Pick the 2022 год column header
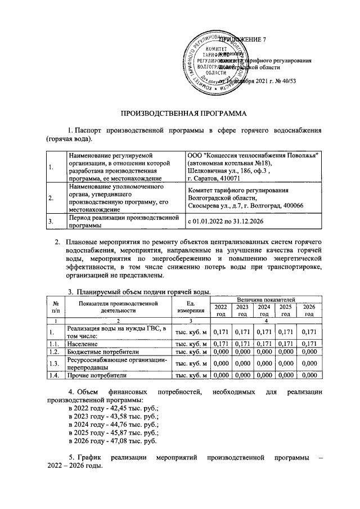pyautogui.click(x=220, y=310)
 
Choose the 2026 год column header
pyautogui.click(x=309, y=310)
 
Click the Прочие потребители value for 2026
pyautogui.click(x=309, y=375)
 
